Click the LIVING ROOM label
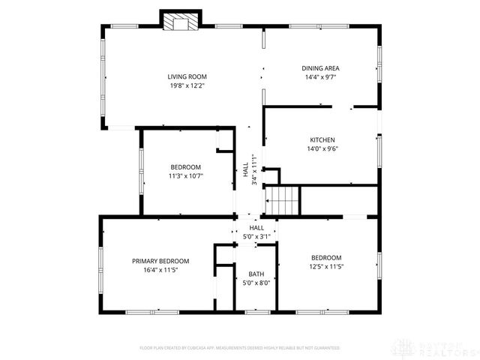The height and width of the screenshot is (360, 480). (187, 76)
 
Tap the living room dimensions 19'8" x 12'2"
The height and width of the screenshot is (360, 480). (187, 85)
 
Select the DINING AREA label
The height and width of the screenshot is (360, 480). (321, 68)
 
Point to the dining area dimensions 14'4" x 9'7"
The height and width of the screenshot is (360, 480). (321, 77)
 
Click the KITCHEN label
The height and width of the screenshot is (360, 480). (322, 140)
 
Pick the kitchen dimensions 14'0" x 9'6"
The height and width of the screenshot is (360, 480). (322, 149)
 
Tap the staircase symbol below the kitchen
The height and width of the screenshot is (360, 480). (284, 201)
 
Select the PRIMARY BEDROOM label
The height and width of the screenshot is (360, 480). (160, 261)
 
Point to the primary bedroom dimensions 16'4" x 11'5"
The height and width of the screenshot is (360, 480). (160, 270)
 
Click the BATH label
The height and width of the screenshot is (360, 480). (256, 274)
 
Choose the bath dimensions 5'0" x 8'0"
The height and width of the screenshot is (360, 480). (256, 283)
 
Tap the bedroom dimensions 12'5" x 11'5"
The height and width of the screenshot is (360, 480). (326, 266)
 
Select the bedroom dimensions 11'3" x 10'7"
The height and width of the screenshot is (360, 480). (185, 175)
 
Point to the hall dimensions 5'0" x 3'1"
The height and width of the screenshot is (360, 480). (256, 236)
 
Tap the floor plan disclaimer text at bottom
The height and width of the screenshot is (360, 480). (239, 348)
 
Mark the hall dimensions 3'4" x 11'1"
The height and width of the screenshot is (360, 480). (254, 170)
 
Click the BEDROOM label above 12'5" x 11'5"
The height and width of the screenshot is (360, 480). (326, 257)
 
